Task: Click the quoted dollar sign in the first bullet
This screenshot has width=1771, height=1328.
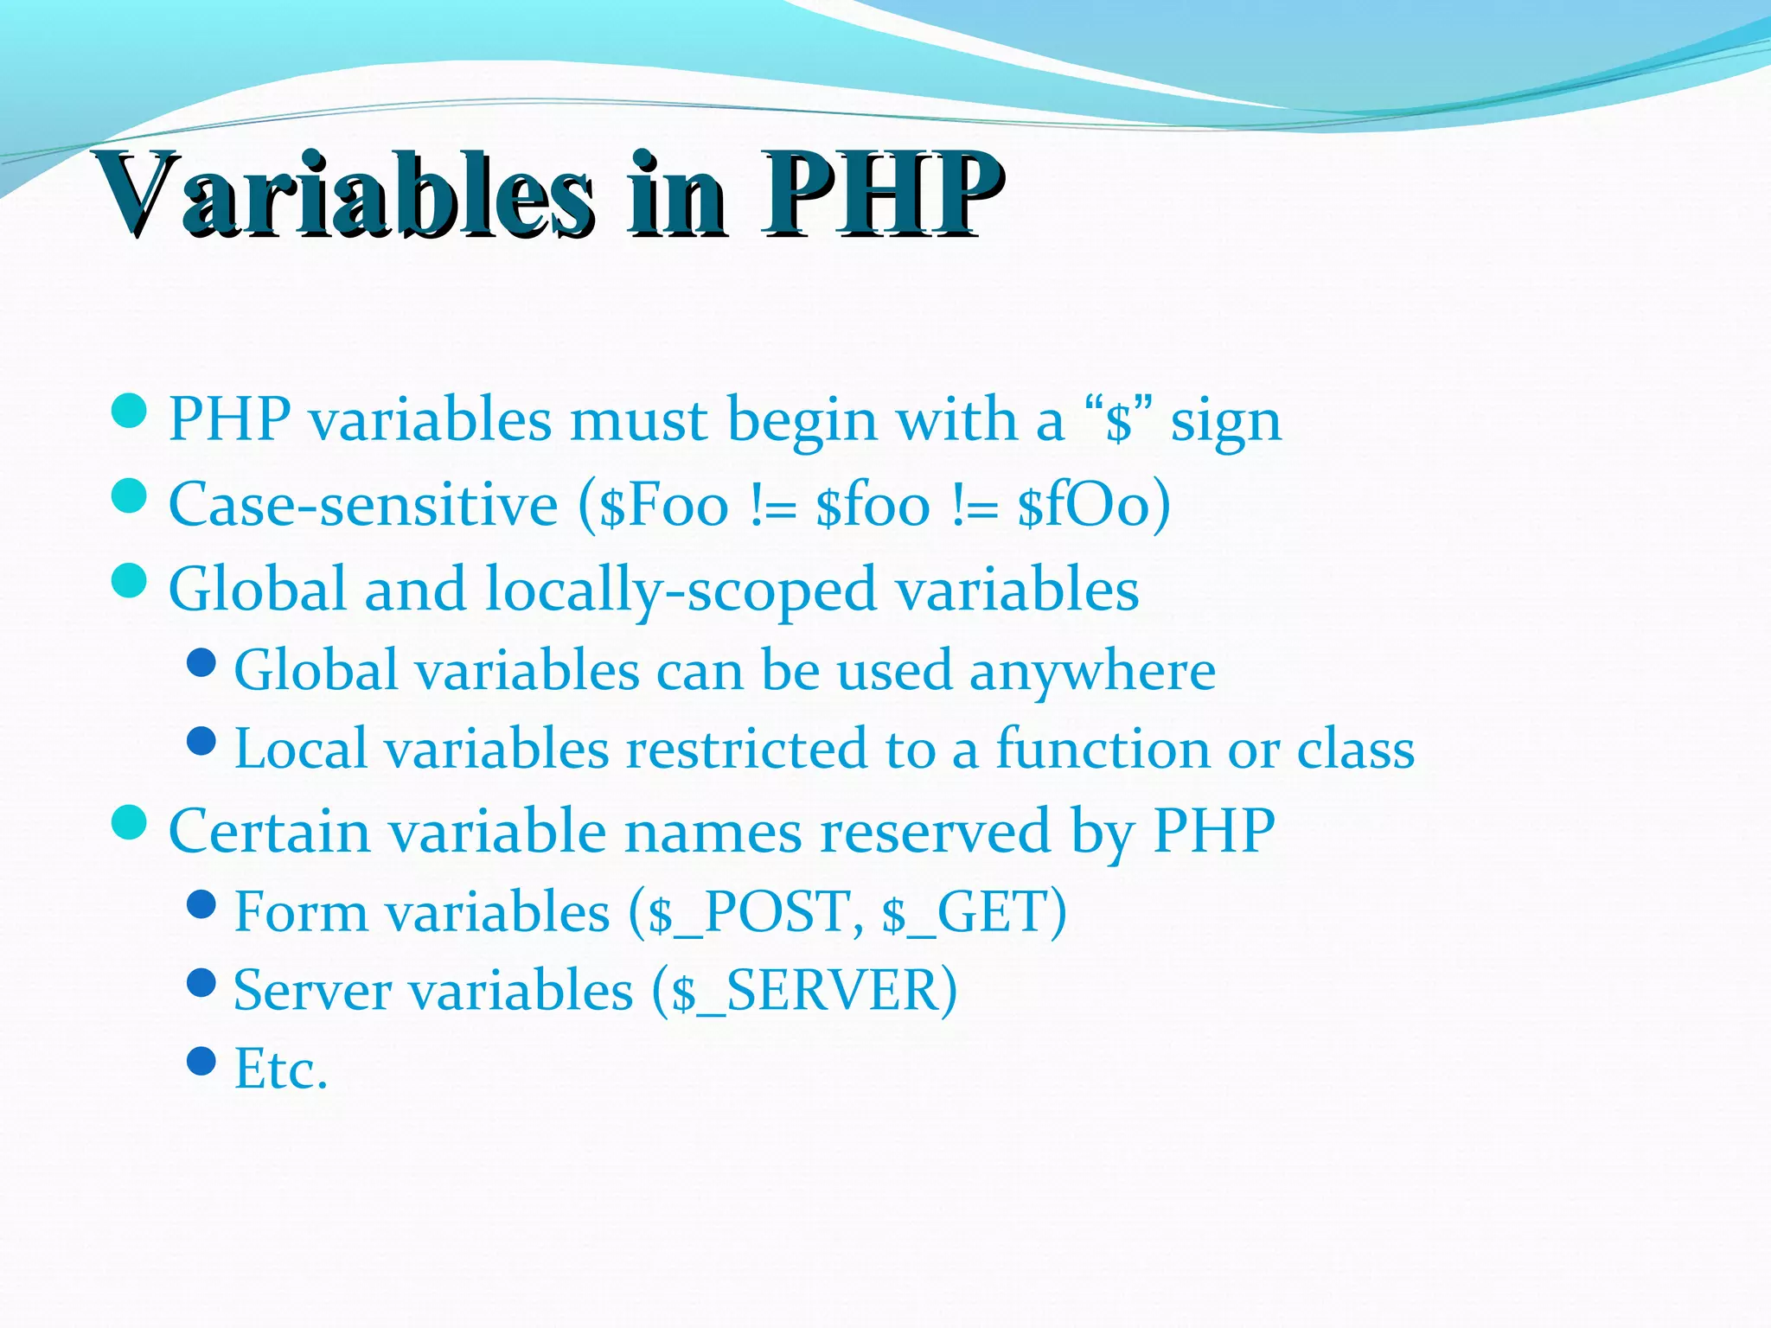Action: (x=1119, y=422)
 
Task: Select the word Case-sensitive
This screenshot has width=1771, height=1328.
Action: (x=363, y=505)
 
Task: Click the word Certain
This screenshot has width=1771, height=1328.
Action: (x=269, y=832)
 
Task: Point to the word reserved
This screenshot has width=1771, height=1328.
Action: (x=935, y=832)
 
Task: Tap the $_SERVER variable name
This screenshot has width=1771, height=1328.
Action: (x=804, y=991)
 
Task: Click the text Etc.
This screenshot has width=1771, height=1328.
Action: (x=281, y=1070)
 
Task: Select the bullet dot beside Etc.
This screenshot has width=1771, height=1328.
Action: (x=201, y=1061)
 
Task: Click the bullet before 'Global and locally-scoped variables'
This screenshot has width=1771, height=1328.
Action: (x=130, y=580)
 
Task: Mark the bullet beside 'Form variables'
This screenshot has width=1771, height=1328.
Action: (x=201, y=904)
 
